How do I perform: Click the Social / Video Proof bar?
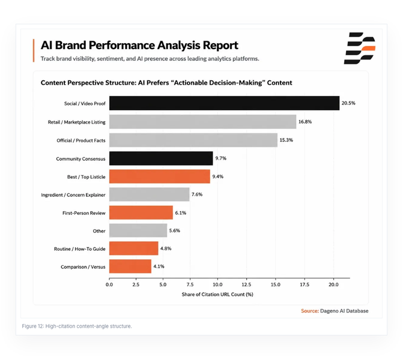click(224, 103)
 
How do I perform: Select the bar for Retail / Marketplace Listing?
click(202, 122)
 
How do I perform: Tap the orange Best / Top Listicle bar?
click(160, 176)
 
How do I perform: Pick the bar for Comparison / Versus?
click(130, 266)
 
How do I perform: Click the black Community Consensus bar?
click(161, 158)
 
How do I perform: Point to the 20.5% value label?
click(348, 103)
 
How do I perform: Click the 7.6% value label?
click(197, 194)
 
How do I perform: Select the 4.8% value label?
click(166, 248)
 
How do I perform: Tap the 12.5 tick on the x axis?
click(246, 284)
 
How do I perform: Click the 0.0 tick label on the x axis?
click(109, 284)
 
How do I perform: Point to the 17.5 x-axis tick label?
click(305, 284)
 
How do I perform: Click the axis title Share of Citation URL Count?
click(217, 294)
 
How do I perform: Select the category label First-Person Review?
click(84, 213)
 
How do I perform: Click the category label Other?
click(99, 231)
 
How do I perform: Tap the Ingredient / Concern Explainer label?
click(73, 195)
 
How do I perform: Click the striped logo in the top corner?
click(360, 48)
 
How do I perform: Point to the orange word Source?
click(310, 311)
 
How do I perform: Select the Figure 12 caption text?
click(77, 326)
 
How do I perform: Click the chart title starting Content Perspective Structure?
click(166, 83)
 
